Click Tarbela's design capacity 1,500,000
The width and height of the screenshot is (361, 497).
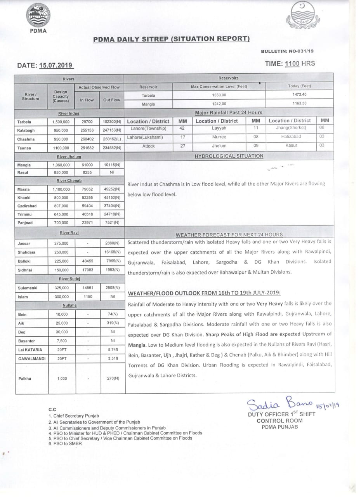coord(61,122)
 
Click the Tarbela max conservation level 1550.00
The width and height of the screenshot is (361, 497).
coord(219,95)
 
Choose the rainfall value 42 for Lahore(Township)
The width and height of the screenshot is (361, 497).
coord(182,128)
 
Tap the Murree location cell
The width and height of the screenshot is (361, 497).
coord(219,137)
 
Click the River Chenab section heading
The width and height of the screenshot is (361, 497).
coord(69,181)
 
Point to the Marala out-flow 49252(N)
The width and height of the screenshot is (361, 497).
coord(111,189)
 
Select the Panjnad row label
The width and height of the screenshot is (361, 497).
coord(24,222)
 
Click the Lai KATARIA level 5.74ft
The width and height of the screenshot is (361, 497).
coord(111,349)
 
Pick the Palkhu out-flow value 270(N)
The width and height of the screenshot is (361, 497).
coord(111,378)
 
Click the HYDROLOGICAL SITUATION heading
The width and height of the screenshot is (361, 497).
coord(229,156)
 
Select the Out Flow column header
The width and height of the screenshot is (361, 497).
coord(111,100)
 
